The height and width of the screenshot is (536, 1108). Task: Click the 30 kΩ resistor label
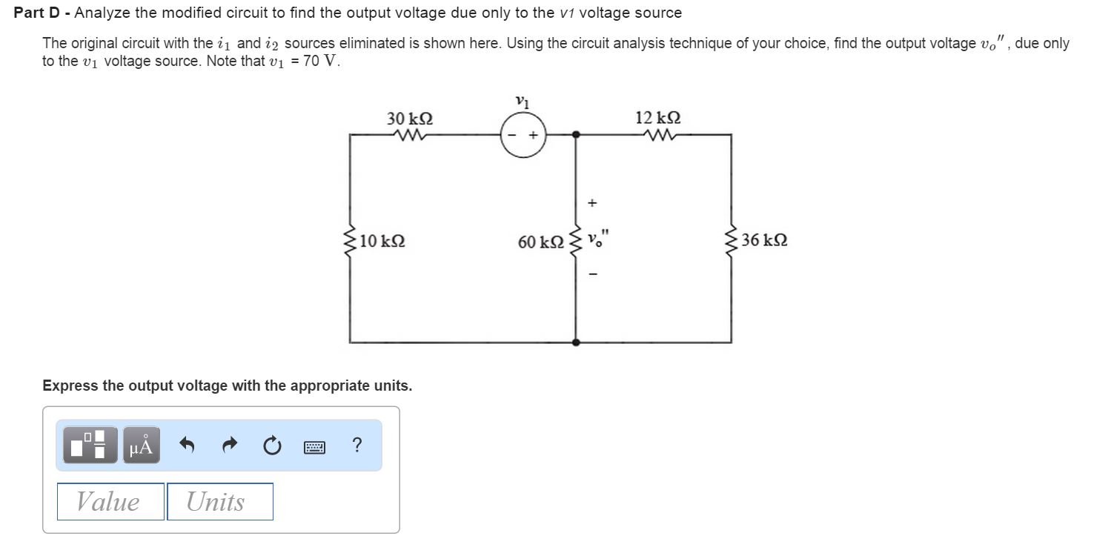[410, 119]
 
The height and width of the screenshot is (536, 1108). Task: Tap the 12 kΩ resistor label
[658, 118]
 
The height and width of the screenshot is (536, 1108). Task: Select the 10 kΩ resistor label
[382, 241]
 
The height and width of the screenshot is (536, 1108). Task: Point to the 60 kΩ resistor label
[541, 242]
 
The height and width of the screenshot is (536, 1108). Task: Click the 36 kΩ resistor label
[764, 240]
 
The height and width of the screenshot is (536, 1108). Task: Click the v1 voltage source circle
[523, 135]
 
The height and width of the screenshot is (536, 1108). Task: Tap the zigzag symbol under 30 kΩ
[409, 135]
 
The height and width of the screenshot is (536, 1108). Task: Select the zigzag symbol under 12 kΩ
[658, 135]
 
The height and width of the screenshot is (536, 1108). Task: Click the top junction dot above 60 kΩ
[576, 135]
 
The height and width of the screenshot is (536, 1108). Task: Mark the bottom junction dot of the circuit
[576, 343]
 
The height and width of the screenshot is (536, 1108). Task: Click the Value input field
[110, 502]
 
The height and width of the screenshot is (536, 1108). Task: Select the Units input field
[220, 502]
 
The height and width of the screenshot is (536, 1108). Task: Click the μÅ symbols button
[141, 446]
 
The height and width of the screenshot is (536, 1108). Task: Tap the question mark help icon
[357, 446]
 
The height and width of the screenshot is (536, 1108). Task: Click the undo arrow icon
[188, 446]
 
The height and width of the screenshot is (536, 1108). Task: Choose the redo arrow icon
[230, 446]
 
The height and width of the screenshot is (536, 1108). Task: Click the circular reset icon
[272, 446]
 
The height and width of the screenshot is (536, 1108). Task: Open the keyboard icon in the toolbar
[314, 446]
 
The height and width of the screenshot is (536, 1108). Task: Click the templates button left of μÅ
[90, 446]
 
